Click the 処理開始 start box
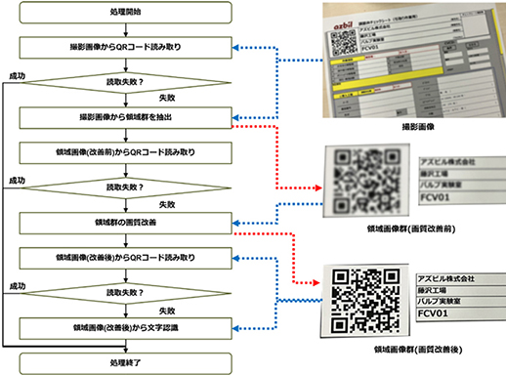(x=122, y=13)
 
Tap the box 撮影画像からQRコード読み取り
(x=122, y=47)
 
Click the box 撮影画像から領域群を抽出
(x=122, y=117)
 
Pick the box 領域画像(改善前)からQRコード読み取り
(x=122, y=152)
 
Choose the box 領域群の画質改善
(x=122, y=224)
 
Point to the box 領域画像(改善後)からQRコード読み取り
(x=122, y=259)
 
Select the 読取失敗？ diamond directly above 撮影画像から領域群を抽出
(x=122, y=82)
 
